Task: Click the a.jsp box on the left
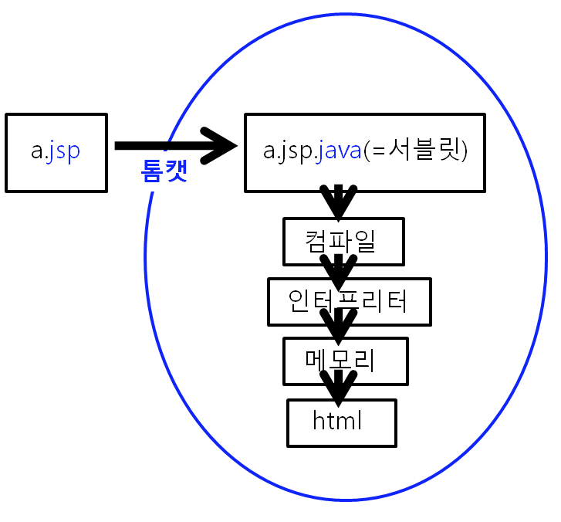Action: [56, 152]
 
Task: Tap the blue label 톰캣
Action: [164, 170]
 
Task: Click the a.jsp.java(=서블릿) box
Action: [365, 152]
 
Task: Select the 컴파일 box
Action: [342, 242]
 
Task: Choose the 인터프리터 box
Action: [349, 301]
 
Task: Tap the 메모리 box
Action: [345, 361]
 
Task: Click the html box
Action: [341, 422]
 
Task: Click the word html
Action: [337, 421]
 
